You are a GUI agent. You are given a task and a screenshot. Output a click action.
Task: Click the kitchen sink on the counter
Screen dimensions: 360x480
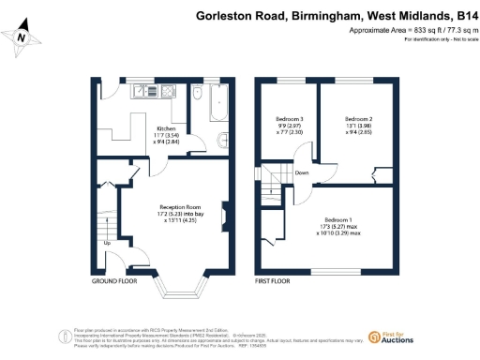tap(145, 92)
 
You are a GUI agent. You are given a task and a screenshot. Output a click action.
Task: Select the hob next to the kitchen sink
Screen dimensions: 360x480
tap(167, 92)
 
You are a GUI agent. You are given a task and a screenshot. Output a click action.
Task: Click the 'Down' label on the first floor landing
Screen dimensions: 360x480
tap(302, 172)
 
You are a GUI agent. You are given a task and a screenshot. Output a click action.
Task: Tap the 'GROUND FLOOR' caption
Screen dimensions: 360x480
tap(115, 280)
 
